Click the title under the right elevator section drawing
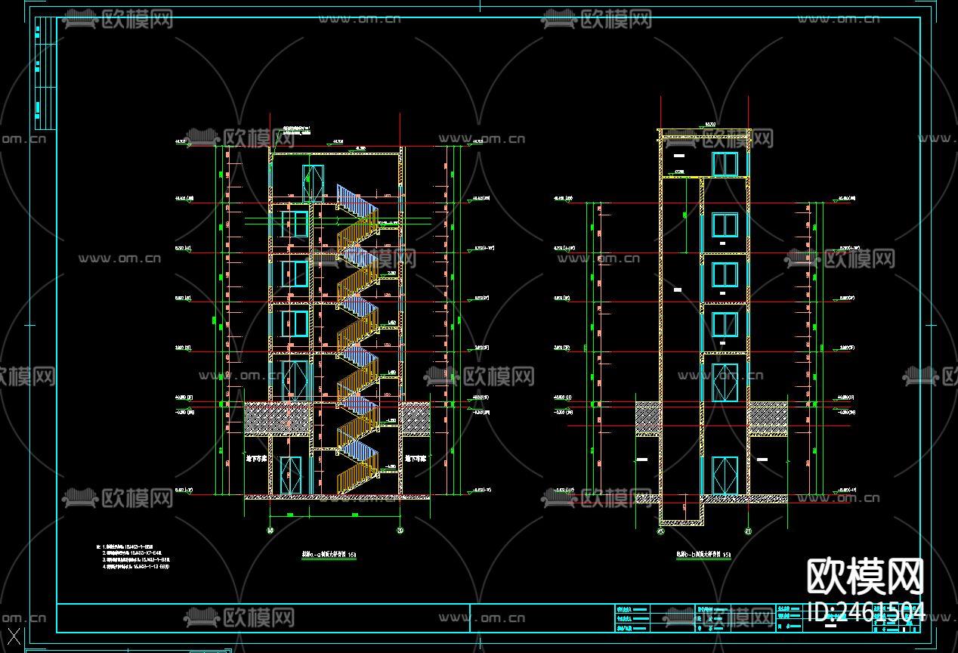coord(703,555)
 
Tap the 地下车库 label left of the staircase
coord(257,458)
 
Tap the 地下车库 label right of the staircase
coord(416,458)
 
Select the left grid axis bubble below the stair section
coord(270,531)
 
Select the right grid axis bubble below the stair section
coord(400,531)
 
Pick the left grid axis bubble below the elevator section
coord(660,531)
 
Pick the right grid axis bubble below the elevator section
coord(748,531)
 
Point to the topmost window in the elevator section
coord(725,164)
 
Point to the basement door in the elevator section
coord(725,475)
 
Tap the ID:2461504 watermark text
coord(866,611)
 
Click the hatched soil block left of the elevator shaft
coord(647,419)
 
